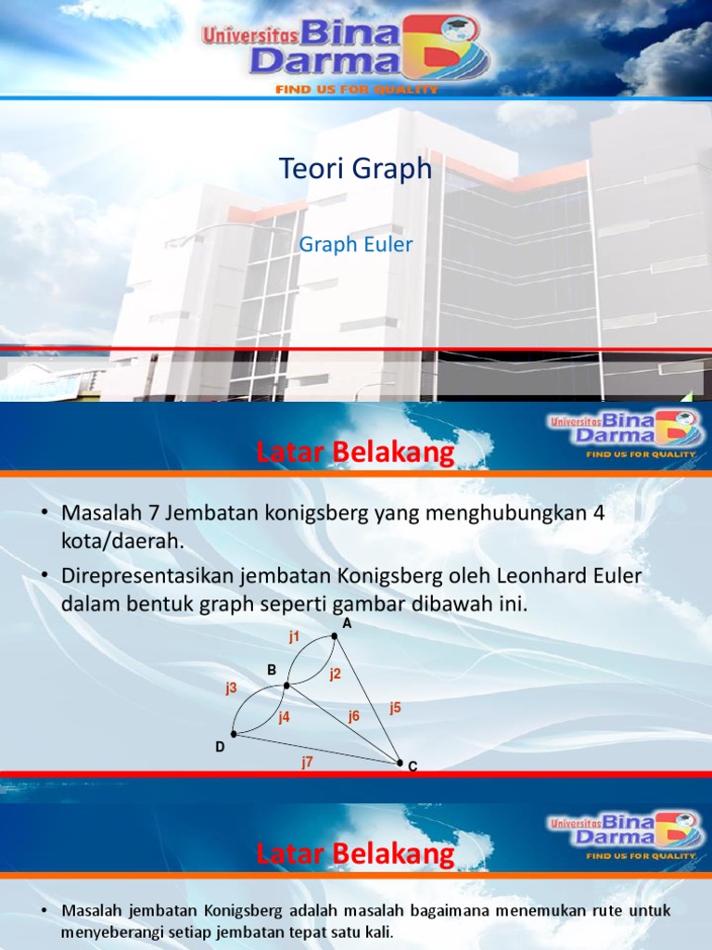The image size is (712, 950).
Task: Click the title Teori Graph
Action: tap(355, 169)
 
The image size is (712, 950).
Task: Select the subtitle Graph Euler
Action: tap(355, 245)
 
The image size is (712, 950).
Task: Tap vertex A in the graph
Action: tap(335, 636)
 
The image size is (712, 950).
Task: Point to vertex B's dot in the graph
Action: tap(286, 685)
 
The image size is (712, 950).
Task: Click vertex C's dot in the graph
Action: tap(400, 763)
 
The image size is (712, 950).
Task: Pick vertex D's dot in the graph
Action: tap(234, 734)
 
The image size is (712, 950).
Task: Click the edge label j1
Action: tap(294, 636)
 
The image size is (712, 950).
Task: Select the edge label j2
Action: tap(335, 674)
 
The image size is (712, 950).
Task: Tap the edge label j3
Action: tap(231, 687)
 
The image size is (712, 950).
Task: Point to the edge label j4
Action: tap(284, 716)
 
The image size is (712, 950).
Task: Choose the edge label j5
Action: tap(396, 708)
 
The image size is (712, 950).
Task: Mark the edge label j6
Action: tap(353, 715)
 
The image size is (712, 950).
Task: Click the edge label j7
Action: tap(307, 761)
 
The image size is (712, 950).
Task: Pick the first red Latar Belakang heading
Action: tap(355, 453)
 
